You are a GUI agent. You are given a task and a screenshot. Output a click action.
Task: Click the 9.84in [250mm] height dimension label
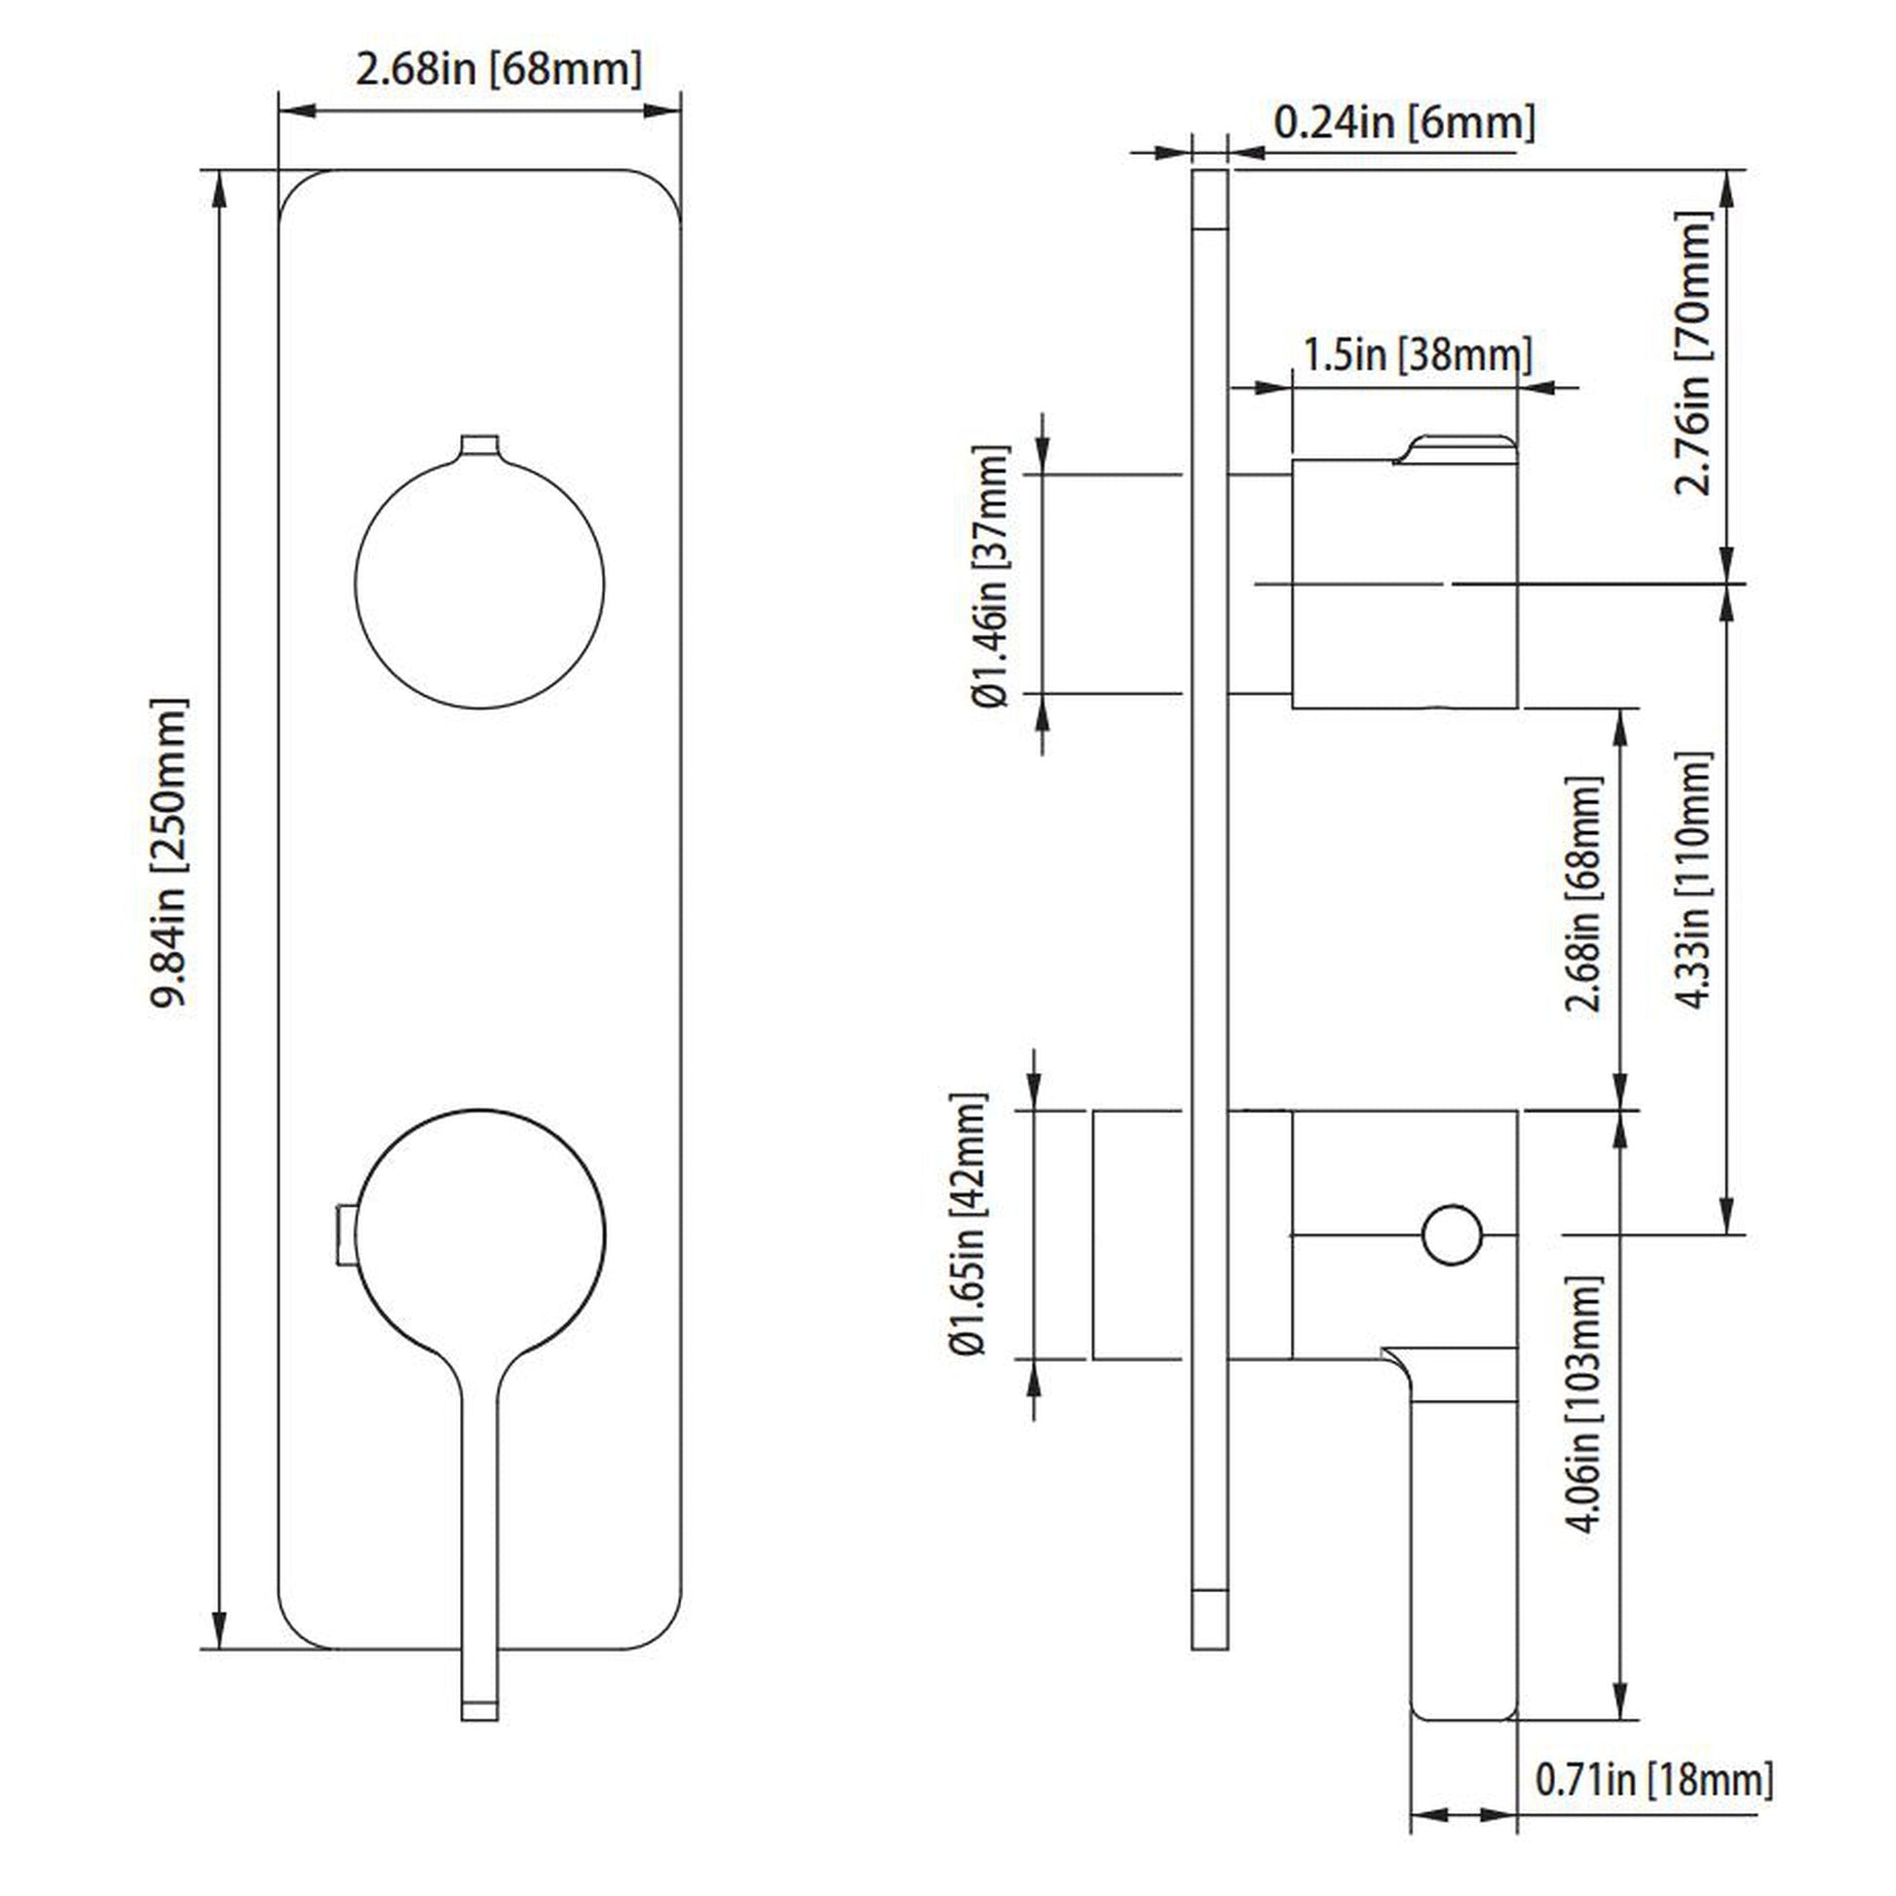(x=168, y=853)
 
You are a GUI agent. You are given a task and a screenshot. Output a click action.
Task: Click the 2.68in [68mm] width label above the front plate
(x=499, y=70)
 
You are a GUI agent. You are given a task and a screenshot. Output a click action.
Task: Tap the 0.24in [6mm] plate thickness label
(x=1403, y=123)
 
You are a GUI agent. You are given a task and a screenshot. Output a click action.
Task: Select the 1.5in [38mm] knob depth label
(x=1416, y=355)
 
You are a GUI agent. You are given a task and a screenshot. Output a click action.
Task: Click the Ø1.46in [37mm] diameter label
(x=990, y=576)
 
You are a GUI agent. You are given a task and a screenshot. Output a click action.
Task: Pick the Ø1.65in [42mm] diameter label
(x=967, y=1224)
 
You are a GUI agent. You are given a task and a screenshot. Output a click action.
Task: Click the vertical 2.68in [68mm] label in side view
(x=1583, y=894)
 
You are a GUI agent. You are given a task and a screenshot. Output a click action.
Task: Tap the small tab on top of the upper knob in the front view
(x=479, y=445)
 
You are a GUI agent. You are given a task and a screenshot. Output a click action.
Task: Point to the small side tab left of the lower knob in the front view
(x=344, y=1234)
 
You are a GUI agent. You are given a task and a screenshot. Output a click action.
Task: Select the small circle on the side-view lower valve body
(x=1452, y=1234)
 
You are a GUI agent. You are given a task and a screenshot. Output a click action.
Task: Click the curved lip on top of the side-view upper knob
(x=1458, y=447)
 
